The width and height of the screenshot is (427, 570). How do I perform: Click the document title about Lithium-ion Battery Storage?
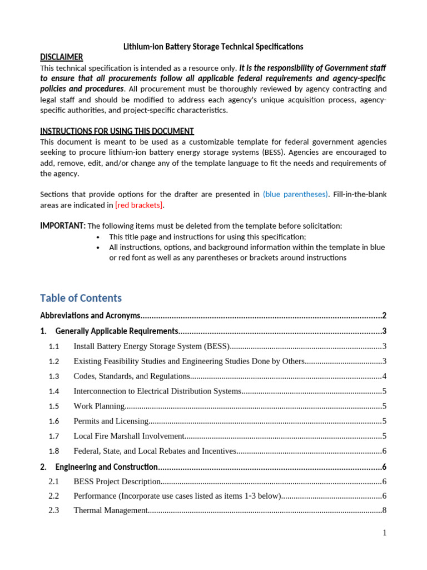point(213,47)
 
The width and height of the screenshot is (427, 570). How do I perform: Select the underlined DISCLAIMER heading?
point(62,57)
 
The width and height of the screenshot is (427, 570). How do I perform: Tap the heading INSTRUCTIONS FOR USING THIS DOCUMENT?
point(117,131)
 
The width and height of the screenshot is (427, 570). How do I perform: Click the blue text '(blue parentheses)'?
point(295,194)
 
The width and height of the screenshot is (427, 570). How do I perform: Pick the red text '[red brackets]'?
point(139,205)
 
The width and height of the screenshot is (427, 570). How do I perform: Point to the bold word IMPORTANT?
point(63,225)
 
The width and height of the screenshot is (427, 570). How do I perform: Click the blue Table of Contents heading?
point(81,298)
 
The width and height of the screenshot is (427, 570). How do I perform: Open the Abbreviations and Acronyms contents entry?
point(91,316)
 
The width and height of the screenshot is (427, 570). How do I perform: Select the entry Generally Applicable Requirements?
point(116,331)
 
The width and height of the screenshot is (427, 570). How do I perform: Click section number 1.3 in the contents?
point(54,376)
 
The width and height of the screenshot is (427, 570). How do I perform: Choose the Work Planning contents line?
point(99,406)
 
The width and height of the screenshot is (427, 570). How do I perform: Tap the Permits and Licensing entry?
point(111,421)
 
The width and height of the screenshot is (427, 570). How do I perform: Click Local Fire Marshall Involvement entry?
point(128,436)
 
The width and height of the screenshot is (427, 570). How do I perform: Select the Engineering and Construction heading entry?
point(107,467)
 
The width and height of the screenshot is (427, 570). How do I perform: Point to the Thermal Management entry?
point(110,510)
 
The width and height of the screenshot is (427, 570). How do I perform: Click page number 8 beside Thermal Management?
point(384,510)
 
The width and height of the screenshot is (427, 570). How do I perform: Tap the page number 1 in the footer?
point(384,533)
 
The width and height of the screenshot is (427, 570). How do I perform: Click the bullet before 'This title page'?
point(98,237)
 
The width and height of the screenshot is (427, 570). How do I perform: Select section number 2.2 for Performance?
point(54,496)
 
